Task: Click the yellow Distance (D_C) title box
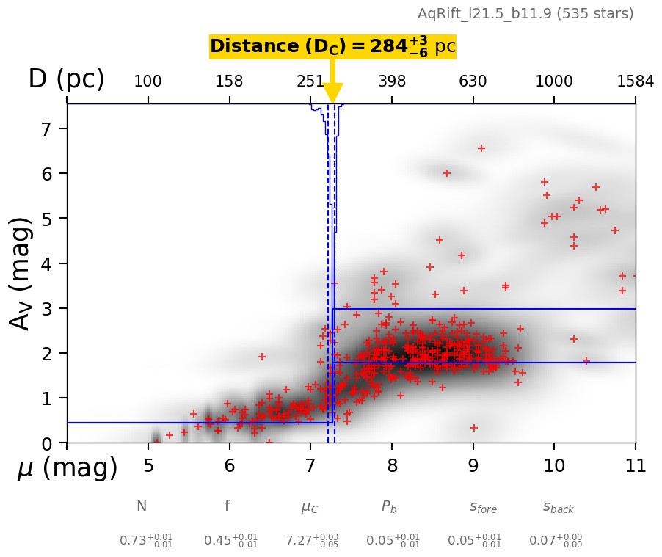pyautogui.click(x=332, y=47)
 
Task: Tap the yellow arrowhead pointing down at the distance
pyautogui.click(x=333, y=93)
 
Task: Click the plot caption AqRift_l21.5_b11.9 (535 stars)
pyautogui.click(x=525, y=13)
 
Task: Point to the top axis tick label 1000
pyautogui.click(x=554, y=81)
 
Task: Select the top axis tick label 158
pyautogui.click(x=229, y=81)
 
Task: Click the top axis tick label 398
pyautogui.click(x=392, y=81)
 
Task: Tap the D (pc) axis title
pyautogui.click(x=66, y=79)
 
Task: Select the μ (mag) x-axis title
pyautogui.click(x=68, y=468)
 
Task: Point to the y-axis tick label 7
pyautogui.click(x=42, y=129)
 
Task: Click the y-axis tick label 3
pyautogui.click(x=42, y=308)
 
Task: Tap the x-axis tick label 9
pyautogui.click(x=473, y=465)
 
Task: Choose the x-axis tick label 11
pyautogui.click(x=635, y=465)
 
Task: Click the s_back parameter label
pyautogui.click(x=558, y=507)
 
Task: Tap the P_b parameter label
pyautogui.click(x=389, y=507)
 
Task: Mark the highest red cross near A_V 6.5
pyautogui.click(x=481, y=148)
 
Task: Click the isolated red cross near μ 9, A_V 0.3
pyautogui.click(x=474, y=428)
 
